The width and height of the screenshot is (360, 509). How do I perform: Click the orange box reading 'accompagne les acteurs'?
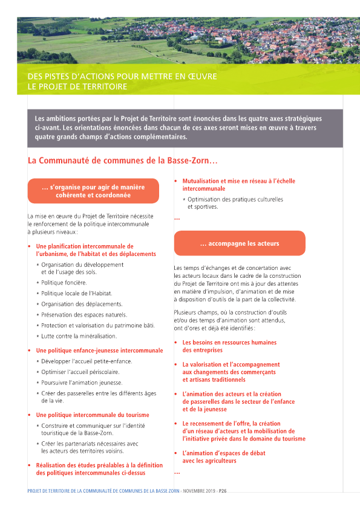click(240, 243)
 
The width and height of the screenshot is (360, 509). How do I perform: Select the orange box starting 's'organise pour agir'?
click(93, 191)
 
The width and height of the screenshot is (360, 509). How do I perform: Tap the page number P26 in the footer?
click(222, 491)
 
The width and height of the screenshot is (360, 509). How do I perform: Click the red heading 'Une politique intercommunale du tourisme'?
click(93, 415)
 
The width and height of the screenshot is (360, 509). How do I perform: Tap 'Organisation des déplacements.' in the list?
click(82, 304)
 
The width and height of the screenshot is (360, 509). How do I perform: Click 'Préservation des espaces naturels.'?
click(83, 315)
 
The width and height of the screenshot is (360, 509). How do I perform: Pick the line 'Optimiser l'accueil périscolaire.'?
click(80, 372)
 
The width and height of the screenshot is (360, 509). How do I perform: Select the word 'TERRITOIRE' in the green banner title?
click(106, 87)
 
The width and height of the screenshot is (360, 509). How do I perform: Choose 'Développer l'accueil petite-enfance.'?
click(83, 361)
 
